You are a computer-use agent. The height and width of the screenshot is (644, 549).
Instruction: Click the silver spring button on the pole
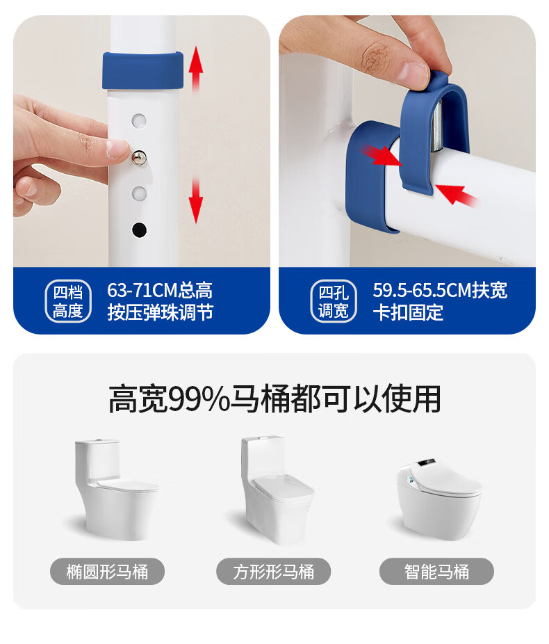point(139,158)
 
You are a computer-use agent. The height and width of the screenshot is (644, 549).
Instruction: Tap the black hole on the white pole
point(139,230)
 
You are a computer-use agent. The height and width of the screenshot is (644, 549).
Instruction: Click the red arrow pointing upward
point(196,68)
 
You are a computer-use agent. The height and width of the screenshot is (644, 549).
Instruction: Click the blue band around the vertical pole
point(142,70)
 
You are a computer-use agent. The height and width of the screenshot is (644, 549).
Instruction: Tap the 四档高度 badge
point(67,301)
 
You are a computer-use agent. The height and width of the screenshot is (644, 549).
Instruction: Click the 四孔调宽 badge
point(334,301)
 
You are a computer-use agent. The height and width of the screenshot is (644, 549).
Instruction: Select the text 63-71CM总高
point(160,291)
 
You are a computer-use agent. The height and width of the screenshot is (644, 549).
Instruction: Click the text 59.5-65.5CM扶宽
point(440,291)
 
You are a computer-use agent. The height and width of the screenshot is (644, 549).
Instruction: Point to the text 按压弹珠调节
point(161,312)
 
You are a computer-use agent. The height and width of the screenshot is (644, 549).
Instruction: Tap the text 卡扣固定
point(408,312)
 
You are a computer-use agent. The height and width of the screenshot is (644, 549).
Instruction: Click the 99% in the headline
point(199,399)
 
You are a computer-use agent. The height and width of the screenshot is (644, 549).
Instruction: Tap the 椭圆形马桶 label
point(108,571)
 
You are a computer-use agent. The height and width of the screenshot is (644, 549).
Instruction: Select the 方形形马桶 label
point(274,571)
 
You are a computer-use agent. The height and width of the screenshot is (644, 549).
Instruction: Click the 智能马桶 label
point(436,571)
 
